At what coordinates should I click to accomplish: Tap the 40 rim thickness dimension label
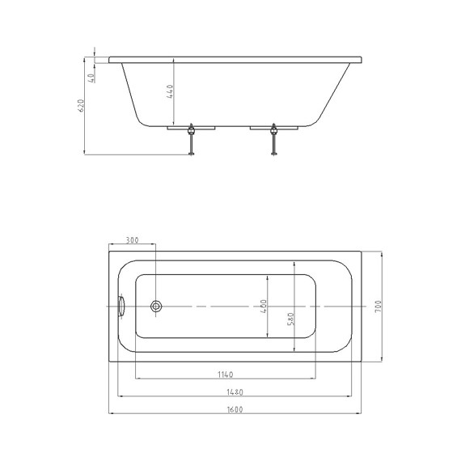pos(93,78)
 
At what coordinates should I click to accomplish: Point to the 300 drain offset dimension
pos(133,241)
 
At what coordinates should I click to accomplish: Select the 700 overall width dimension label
pos(378,307)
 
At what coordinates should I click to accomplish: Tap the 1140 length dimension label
pos(226,374)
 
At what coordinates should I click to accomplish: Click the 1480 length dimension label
pos(235,392)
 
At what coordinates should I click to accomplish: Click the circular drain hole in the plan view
pos(158,307)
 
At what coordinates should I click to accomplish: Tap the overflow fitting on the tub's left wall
pos(121,307)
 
